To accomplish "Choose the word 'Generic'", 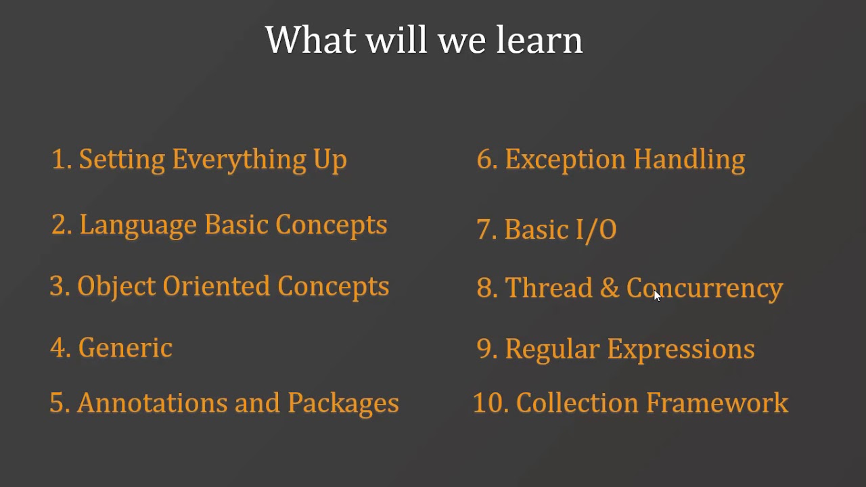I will (x=125, y=348).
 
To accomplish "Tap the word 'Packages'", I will (x=343, y=404).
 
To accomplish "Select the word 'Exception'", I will (x=565, y=160).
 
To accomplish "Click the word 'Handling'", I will (x=689, y=160).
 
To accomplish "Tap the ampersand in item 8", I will (x=609, y=288).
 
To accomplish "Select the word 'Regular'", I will (x=552, y=350).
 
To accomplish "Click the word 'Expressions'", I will (x=681, y=350).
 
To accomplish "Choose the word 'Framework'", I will (x=717, y=403).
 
